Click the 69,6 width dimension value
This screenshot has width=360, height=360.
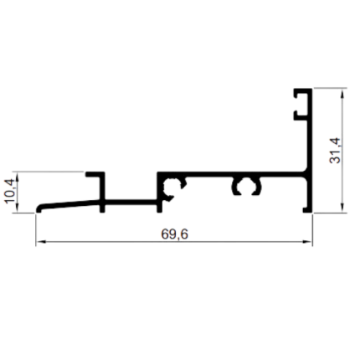[174, 234]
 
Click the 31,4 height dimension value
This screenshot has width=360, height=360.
[335, 150]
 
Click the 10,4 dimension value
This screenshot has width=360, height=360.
[11, 192]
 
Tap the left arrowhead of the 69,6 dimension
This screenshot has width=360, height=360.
[40, 242]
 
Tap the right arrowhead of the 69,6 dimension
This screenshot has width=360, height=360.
[308, 242]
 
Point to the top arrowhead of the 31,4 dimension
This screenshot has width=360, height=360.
[343, 93]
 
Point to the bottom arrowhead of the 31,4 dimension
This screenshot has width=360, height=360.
[343, 208]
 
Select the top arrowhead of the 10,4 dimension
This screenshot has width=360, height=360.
[18, 177]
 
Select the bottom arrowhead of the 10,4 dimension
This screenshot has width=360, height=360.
[18, 208]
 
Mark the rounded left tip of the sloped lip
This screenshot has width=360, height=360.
[38, 208]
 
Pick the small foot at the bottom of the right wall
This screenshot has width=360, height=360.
[306, 210]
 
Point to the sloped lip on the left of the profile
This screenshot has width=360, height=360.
[69, 205]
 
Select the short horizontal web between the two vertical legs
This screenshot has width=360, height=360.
[131, 202]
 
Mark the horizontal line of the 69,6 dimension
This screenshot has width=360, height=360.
[174, 242]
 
